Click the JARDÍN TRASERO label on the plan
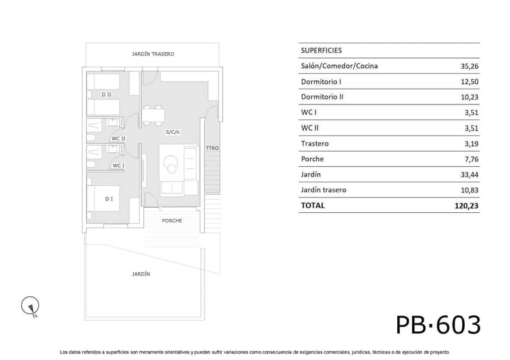coord(153,54)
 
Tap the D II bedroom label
coord(106,95)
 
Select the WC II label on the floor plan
coord(119,138)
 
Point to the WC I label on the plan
coord(119,166)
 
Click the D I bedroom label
coord(109,199)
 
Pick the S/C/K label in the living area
coord(173,132)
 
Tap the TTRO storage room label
coord(212,148)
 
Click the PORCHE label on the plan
coord(172,220)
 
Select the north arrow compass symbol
coord(30,306)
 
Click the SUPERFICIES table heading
coord(321,50)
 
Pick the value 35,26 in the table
coord(469,66)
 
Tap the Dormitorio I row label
coord(321,82)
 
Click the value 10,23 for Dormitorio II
coord(469,97)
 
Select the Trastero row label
coord(314,143)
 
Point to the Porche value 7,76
coord(471,159)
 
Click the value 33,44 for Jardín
coord(469,175)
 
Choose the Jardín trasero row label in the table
coord(323,190)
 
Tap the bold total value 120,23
coord(467,206)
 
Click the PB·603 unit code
coord(438,325)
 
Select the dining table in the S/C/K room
coord(153,115)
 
